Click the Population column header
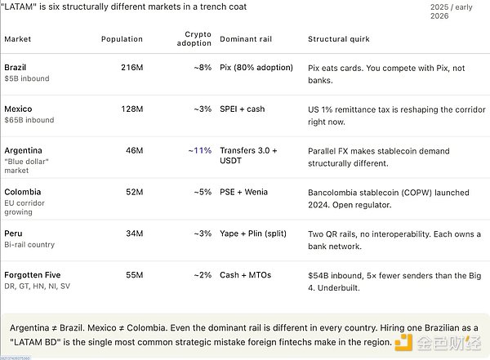(122, 39)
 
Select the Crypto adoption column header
(194, 38)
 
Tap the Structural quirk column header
(339, 39)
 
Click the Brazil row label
(16, 68)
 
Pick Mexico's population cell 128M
(132, 109)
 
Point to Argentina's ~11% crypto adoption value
(200, 151)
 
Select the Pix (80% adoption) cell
(256, 68)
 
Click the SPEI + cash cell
(243, 109)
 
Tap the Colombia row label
(23, 192)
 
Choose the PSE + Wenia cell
(243, 192)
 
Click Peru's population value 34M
(135, 233)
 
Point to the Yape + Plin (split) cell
(253, 233)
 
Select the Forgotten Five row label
(33, 275)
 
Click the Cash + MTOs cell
(245, 275)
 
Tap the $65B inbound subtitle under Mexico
(29, 120)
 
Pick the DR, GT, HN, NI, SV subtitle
(38, 287)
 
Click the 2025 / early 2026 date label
(452, 11)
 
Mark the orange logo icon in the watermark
(403, 343)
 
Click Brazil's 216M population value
(132, 68)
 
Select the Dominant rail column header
(246, 39)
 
